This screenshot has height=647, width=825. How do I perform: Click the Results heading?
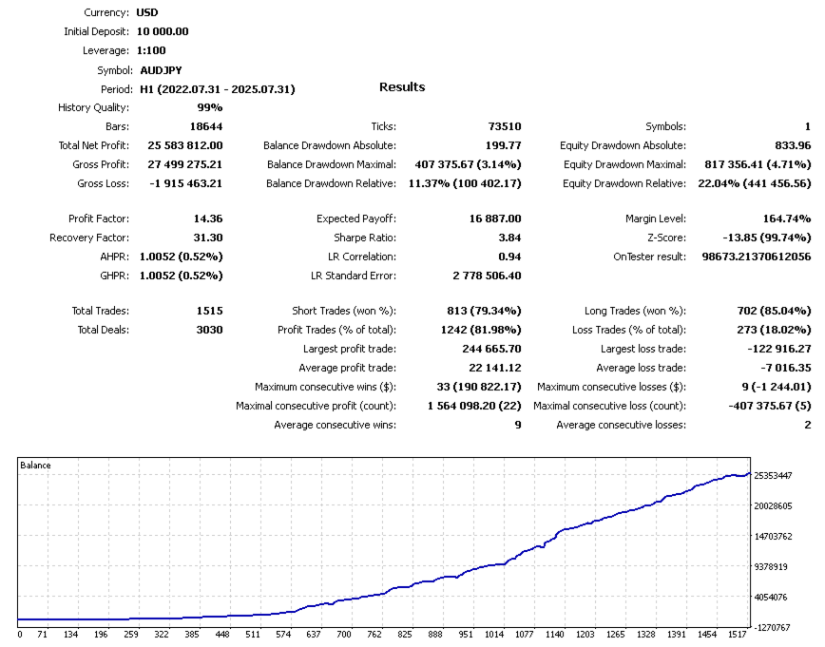coord(402,87)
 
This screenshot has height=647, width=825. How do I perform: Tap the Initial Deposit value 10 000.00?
coord(163,31)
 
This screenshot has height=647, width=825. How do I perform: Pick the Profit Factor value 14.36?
coord(208,219)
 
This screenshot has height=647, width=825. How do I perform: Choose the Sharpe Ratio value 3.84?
coord(508,238)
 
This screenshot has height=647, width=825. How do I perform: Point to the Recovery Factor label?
coord(89,238)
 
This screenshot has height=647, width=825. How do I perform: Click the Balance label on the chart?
coord(35,466)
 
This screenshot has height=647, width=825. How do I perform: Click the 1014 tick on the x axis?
coord(494,634)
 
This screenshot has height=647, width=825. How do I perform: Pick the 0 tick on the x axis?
coord(20,634)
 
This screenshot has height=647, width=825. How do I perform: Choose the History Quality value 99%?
coord(210,107)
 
